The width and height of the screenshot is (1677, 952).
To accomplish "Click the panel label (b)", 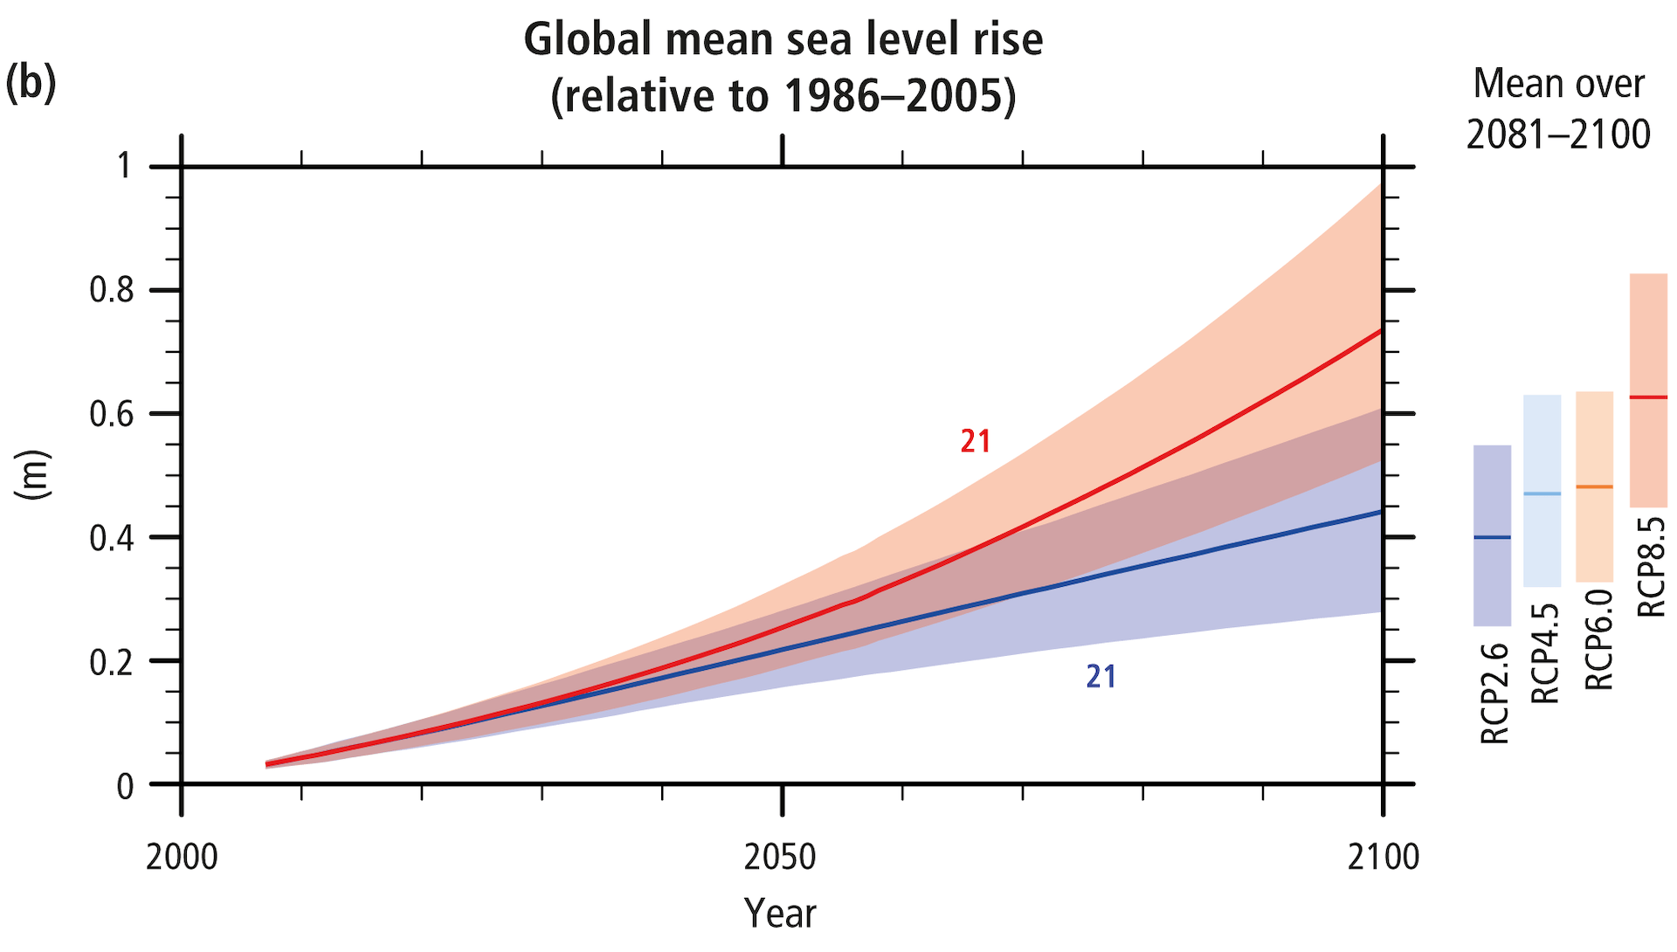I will pos(31,84).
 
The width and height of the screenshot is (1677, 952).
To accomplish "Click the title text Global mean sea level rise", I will pos(783,40).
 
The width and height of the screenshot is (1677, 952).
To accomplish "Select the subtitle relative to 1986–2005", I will pos(783,96).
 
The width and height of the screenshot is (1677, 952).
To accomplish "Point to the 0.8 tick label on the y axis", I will pos(112,290).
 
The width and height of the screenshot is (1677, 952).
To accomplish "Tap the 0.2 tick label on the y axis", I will pos(112,662).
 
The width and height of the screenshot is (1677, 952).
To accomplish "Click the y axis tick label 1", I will pos(125,166).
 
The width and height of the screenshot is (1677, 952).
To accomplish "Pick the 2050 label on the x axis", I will pos(780,858).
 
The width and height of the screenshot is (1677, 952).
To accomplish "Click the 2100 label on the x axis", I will pos(1383,858).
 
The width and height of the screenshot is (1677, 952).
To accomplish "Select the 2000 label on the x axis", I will pos(182,858).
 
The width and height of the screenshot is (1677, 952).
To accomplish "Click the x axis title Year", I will pos(780,914).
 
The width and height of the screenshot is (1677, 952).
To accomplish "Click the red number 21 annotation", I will pos(976,442).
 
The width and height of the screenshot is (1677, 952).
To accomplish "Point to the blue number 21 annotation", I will pos(1101,677).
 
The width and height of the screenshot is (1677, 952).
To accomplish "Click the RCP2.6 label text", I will pos(1494,693).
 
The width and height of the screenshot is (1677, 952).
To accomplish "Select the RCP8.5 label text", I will pos(1651,568).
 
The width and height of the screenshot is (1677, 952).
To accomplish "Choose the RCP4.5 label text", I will pos(1545,653).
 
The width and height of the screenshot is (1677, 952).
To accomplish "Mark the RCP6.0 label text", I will pos(1598,639).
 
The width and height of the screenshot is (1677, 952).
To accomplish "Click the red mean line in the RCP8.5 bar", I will pos(1648,397).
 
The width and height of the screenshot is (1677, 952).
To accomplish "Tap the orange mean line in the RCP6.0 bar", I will pos(1594,486).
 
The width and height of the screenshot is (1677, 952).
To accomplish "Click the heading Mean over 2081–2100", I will pos(1558,109).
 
